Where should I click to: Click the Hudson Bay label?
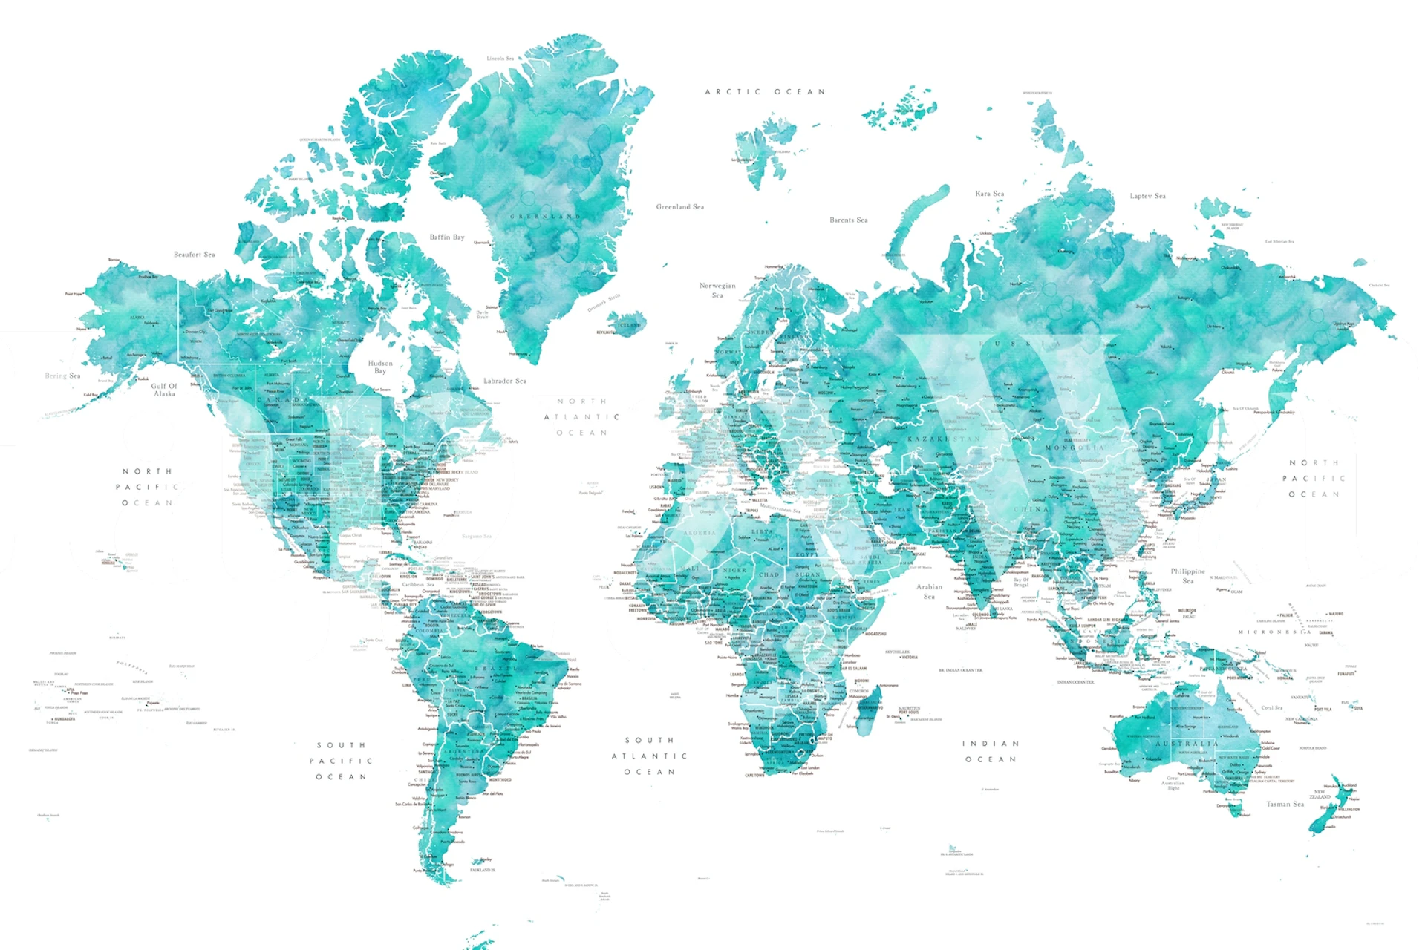(x=380, y=367)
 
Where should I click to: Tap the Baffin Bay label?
(x=446, y=237)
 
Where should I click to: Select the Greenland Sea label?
(x=679, y=207)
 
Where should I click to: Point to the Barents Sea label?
(x=848, y=220)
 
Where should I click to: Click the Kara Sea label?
(x=989, y=194)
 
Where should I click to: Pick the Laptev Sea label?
(x=1147, y=196)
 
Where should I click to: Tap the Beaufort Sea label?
(x=194, y=255)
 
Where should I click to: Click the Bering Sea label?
(x=62, y=376)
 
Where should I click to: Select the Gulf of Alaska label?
(x=164, y=390)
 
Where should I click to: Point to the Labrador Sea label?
(x=504, y=381)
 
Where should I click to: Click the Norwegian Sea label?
(x=717, y=290)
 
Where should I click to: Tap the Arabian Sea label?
(x=929, y=591)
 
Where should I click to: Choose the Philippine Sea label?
(x=1187, y=575)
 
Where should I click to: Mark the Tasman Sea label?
(x=1285, y=804)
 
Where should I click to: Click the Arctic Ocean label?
(x=765, y=92)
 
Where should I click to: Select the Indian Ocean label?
(x=991, y=751)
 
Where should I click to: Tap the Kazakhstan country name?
(x=943, y=439)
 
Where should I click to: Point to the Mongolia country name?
(x=1075, y=448)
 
